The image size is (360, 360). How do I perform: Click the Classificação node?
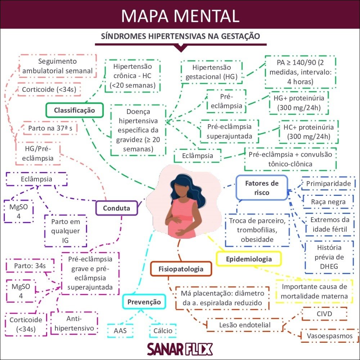[75, 110]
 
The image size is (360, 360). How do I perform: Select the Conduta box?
[116, 208]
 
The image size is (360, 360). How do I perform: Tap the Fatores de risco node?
[262, 188]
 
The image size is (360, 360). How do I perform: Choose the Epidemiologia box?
[248, 259]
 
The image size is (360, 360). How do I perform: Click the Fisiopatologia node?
[181, 269]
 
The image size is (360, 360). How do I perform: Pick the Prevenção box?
[144, 302]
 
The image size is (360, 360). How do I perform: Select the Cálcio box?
[163, 330]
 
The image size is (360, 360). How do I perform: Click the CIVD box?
[324, 314]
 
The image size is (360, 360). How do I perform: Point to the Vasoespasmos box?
[329, 336]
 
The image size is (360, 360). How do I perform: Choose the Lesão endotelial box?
[245, 325]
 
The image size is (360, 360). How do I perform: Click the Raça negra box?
[328, 202]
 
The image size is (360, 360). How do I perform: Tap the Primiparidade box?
[328, 184]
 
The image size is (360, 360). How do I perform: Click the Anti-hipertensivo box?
[74, 323]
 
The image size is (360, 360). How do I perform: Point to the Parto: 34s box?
[30, 266]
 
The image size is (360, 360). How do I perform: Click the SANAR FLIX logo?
[180, 349]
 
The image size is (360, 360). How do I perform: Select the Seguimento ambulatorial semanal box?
[58, 66]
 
